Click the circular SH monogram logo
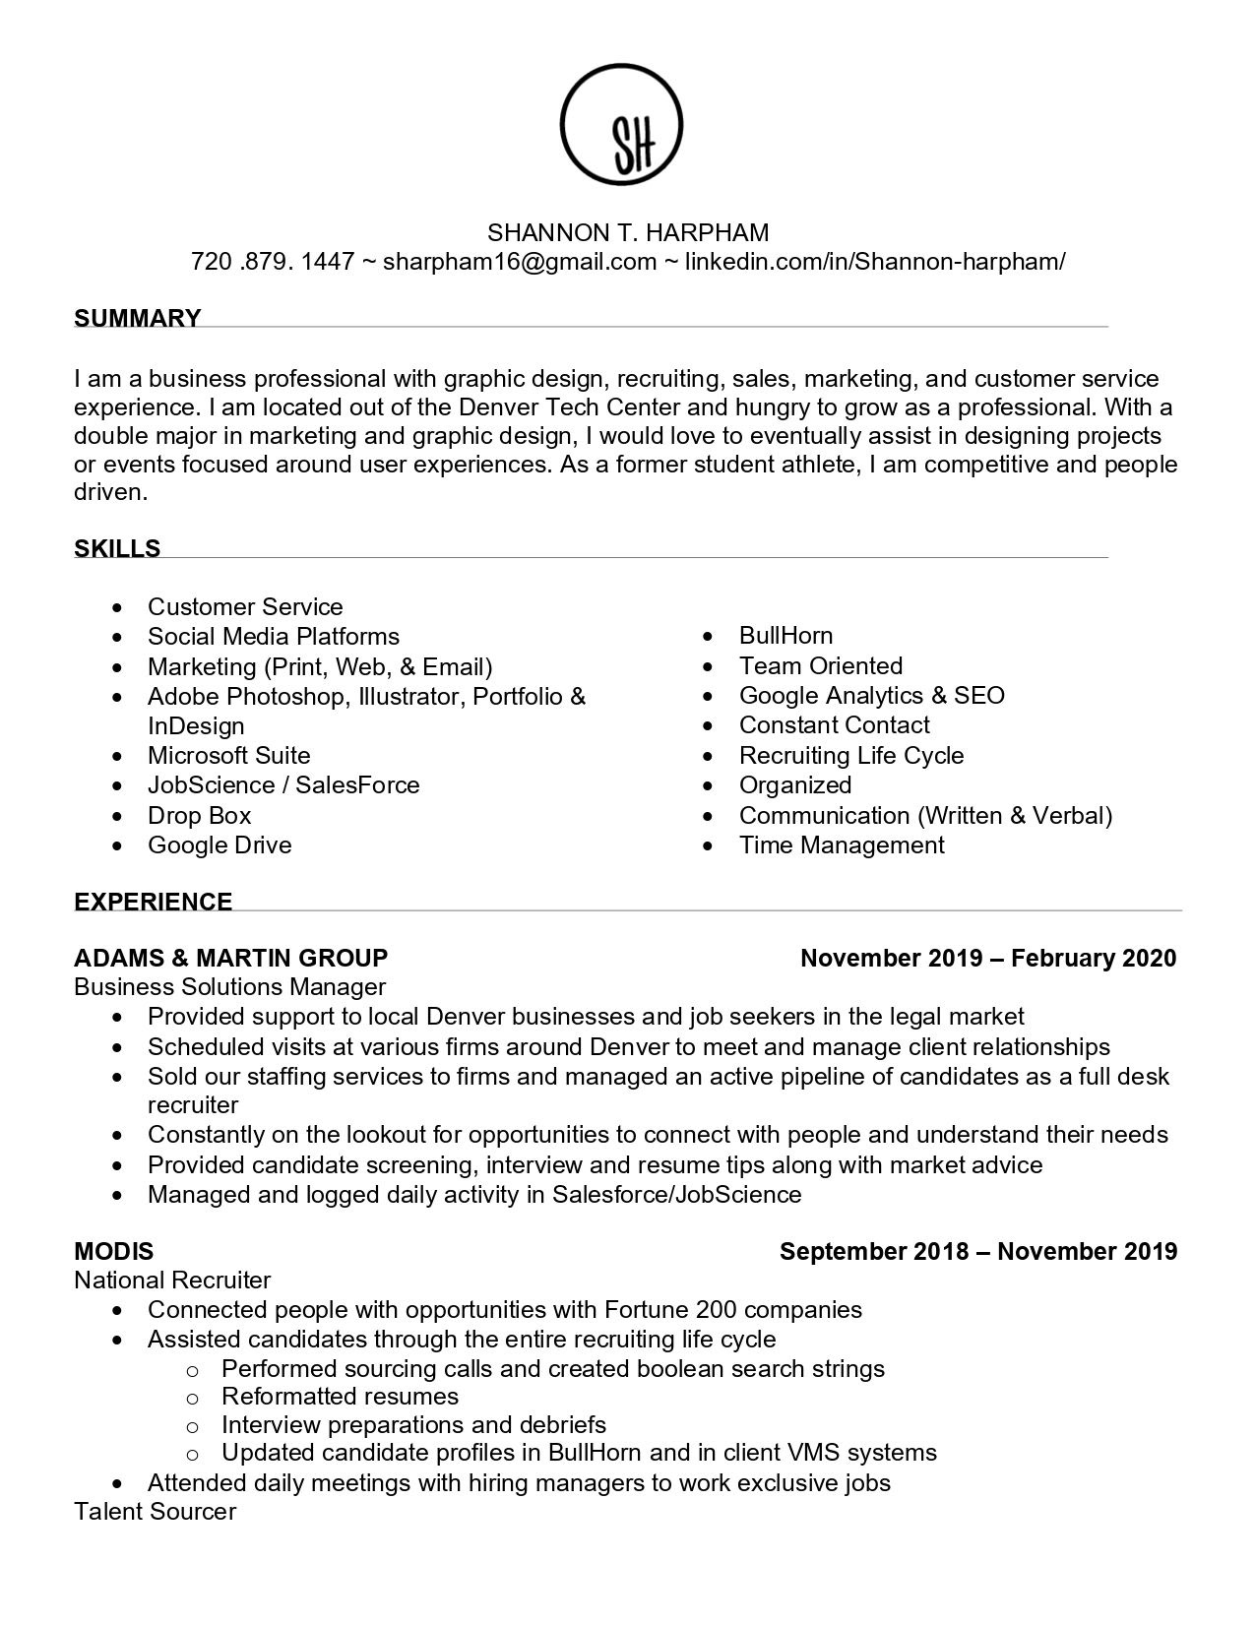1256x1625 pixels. (621, 125)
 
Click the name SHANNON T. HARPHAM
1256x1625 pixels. (628, 232)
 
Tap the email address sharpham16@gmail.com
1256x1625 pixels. (519, 261)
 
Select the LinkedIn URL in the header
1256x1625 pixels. (874, 261)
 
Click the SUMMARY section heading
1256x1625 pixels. (138, 318)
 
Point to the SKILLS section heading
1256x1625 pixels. (117, 548)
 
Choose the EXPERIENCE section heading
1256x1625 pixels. (154, 902)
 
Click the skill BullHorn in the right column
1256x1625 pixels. (785, 636)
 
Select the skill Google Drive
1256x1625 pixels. (220, 844)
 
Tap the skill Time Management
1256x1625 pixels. (842, 844)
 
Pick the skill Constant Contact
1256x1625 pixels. (834, 725)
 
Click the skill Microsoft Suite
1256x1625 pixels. (228, 755)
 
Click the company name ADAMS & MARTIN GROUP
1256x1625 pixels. (231, 958)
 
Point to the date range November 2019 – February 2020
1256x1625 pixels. (988, 958)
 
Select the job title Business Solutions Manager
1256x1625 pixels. (230, 986)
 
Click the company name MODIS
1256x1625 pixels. (114, 1251)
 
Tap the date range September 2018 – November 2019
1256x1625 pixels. (978, 1251)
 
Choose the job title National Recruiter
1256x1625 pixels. (172, 1280)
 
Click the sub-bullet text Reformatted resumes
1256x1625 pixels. (340, 1396)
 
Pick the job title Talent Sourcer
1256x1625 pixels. (156, 1511)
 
